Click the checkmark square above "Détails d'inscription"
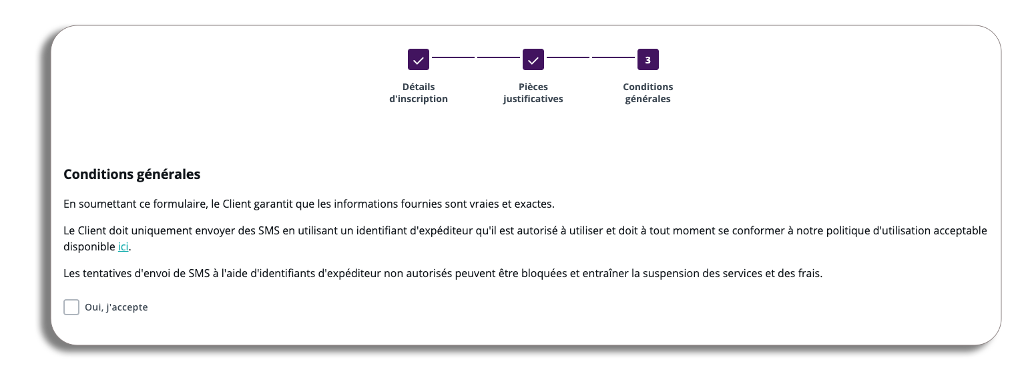pos(419,59)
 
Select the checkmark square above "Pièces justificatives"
pos(533,59)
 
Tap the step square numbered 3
pos(648,59)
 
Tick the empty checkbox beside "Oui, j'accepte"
pos(71,307)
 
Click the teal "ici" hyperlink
pos(123,246)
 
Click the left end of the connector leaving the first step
pos(432,57)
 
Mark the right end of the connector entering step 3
pos(635,57)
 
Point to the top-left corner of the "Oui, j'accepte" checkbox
pos(63,299)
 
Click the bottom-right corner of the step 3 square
pos(659,70)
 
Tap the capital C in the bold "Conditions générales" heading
pos(68,174)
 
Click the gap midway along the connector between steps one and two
pos(476,57)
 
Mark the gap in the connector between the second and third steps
pos(591,57)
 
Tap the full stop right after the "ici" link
pos(130,250)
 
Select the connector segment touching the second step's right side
pos(568,57)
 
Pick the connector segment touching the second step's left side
pos(499,57)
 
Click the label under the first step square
pos(419,93)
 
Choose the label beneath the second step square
pos(533,93)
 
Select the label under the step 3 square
pos(648,93)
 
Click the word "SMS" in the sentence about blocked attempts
pos(200,273)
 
